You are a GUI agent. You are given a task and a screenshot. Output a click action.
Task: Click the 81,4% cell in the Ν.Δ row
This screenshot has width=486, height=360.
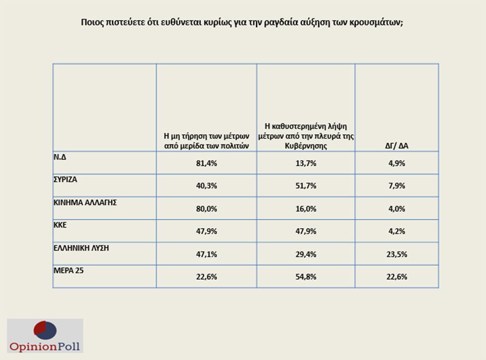point(207,163)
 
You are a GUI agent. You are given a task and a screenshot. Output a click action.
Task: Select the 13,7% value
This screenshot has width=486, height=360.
point(306,163)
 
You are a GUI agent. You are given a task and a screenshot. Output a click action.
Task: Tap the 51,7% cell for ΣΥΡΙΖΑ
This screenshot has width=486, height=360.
point(306,186)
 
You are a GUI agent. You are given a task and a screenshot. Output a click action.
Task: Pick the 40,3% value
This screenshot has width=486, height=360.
point(207,186)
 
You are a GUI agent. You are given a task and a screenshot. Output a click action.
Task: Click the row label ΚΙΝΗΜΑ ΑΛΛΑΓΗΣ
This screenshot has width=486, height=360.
point(85,202)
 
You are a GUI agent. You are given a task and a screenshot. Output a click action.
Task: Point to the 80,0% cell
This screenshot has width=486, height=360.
point(207,209)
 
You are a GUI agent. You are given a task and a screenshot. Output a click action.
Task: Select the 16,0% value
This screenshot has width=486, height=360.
point(306,209)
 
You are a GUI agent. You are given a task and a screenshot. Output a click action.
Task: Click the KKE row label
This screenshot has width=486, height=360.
point(60,224)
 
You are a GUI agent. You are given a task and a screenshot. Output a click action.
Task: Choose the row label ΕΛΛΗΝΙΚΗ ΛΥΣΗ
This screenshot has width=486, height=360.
point(81,247)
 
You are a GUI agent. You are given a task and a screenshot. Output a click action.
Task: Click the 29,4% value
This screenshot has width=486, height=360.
point(306,254)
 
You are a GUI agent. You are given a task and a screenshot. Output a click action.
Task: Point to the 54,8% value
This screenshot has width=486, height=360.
point(306,277)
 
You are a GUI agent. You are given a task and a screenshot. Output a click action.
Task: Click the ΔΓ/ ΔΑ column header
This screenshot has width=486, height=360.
point(397,145)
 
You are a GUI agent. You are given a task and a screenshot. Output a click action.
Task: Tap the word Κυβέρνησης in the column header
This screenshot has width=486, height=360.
point(306,145)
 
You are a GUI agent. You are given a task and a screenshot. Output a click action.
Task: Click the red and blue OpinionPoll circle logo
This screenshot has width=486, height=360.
point(45,330)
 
